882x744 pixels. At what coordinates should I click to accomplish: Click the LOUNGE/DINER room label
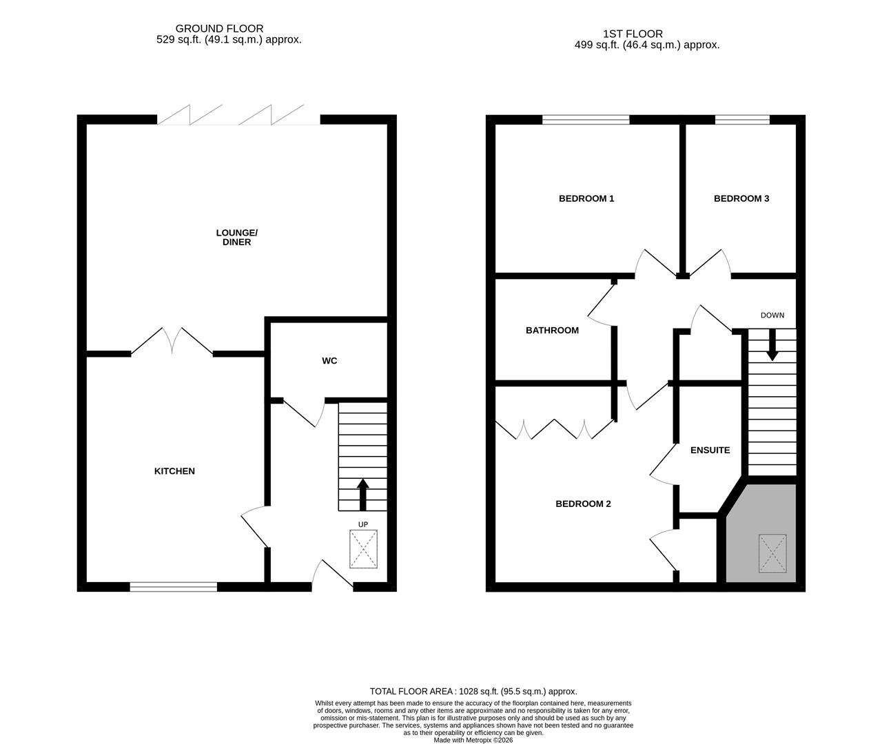236,237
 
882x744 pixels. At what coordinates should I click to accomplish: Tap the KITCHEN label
174,471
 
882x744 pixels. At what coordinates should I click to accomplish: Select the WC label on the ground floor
329,361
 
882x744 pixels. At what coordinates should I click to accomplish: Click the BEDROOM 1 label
586,198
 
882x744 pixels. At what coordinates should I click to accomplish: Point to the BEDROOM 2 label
583,504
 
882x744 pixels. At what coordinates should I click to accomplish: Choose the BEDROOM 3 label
741,198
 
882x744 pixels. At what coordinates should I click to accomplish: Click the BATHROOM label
552,330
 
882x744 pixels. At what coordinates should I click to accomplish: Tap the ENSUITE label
710,450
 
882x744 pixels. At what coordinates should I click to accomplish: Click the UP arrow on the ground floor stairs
362,493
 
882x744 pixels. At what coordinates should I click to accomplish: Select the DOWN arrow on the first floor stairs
772,345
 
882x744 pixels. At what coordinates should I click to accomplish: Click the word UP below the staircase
363,524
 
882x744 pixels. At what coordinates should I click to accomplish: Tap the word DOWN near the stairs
772,315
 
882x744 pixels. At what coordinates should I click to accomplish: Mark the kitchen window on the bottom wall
174,587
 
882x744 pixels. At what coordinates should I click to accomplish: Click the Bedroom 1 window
586,120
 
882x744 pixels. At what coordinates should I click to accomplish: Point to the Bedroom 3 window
742,120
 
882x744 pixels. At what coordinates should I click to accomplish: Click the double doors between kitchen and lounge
172,342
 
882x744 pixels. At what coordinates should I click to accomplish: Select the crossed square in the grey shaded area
772,552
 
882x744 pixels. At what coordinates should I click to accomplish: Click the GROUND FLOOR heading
219,28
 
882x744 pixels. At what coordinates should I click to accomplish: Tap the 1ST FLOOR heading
633,33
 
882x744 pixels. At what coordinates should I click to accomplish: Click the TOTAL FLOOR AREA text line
473,691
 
